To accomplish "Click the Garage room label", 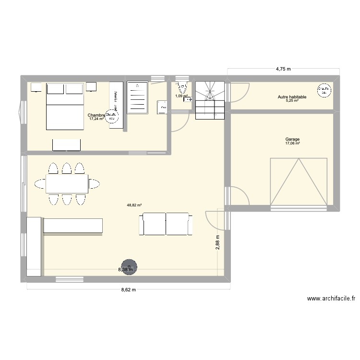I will [x=292, y=139].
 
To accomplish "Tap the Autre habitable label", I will [x=292, y=97].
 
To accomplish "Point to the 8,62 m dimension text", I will [x=129, y=290].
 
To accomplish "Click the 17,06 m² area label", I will [x=292, y=143].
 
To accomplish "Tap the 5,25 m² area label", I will [x=292, y=101].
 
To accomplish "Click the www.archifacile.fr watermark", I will [x=331, y=298].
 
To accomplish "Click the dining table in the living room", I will [x=67, y=183].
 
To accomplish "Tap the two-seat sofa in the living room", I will [x=166, y=225].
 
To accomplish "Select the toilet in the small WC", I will [x=182, y=88].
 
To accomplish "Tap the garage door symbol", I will [x=300, y=181].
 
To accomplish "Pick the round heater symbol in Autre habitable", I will [x=324, y=90].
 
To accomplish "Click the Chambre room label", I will [x=96, y=115].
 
